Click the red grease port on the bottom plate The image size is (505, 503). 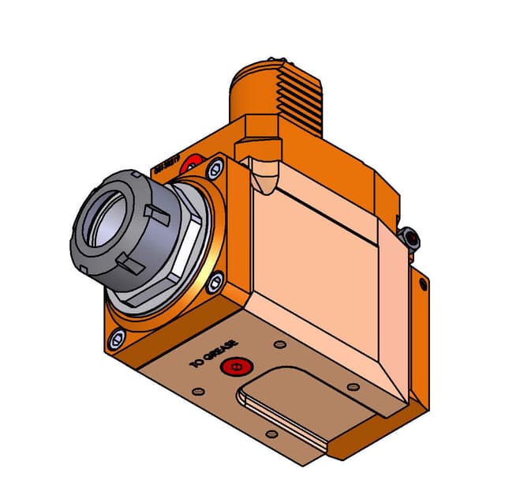233,367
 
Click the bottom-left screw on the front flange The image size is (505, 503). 118,339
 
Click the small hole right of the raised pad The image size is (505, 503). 353,386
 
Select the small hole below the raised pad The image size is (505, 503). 271,434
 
